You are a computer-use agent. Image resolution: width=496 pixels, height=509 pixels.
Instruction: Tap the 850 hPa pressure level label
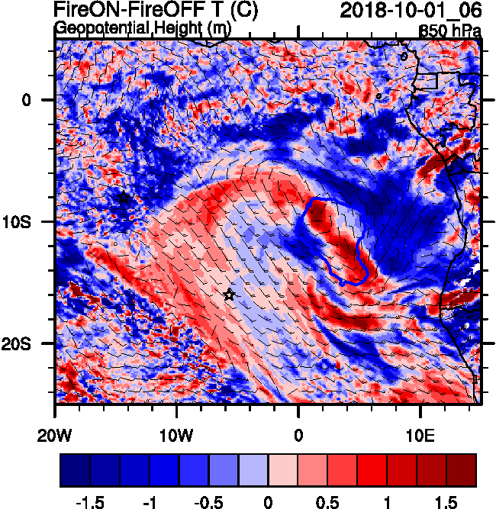450,31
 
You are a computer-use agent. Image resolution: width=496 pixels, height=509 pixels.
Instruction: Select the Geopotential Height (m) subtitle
143,29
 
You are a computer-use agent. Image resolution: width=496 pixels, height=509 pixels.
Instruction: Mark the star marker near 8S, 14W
124,198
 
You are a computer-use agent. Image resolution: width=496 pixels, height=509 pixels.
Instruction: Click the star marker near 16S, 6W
228,295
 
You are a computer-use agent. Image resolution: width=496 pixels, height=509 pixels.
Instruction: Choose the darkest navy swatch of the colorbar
75,470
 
